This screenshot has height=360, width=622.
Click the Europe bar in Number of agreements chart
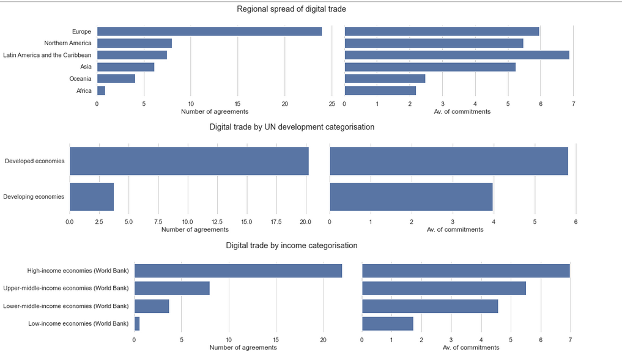point(209,31)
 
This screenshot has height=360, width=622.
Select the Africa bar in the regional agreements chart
point(101,90)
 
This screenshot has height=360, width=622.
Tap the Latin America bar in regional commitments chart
point(457,55)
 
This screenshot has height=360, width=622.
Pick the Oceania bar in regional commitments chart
point(385,79)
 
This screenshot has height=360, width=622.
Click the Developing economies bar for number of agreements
point(92,197)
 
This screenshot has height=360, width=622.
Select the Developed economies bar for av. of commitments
point(449,161)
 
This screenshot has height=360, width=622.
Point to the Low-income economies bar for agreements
point(137,323)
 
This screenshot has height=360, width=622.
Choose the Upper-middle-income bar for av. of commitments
point(444,288)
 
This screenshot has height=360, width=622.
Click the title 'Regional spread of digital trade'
point(291,9)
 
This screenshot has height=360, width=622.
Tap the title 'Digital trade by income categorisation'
point(291,245)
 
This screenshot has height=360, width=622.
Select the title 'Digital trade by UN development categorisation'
point(292,127)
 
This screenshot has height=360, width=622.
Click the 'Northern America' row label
point(68,43)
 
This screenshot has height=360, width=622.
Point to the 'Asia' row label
point(86,67)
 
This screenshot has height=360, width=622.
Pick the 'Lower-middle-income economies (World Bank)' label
point(66,306)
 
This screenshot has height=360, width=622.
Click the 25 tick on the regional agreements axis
point(331,104)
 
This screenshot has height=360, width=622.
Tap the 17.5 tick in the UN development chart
point(276,221)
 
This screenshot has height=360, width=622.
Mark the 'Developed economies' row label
point(34,161)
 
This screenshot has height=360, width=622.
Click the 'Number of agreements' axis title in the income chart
point(243,347)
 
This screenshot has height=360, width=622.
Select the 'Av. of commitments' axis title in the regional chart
point(462,111)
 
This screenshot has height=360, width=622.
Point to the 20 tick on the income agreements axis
point(323,339)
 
